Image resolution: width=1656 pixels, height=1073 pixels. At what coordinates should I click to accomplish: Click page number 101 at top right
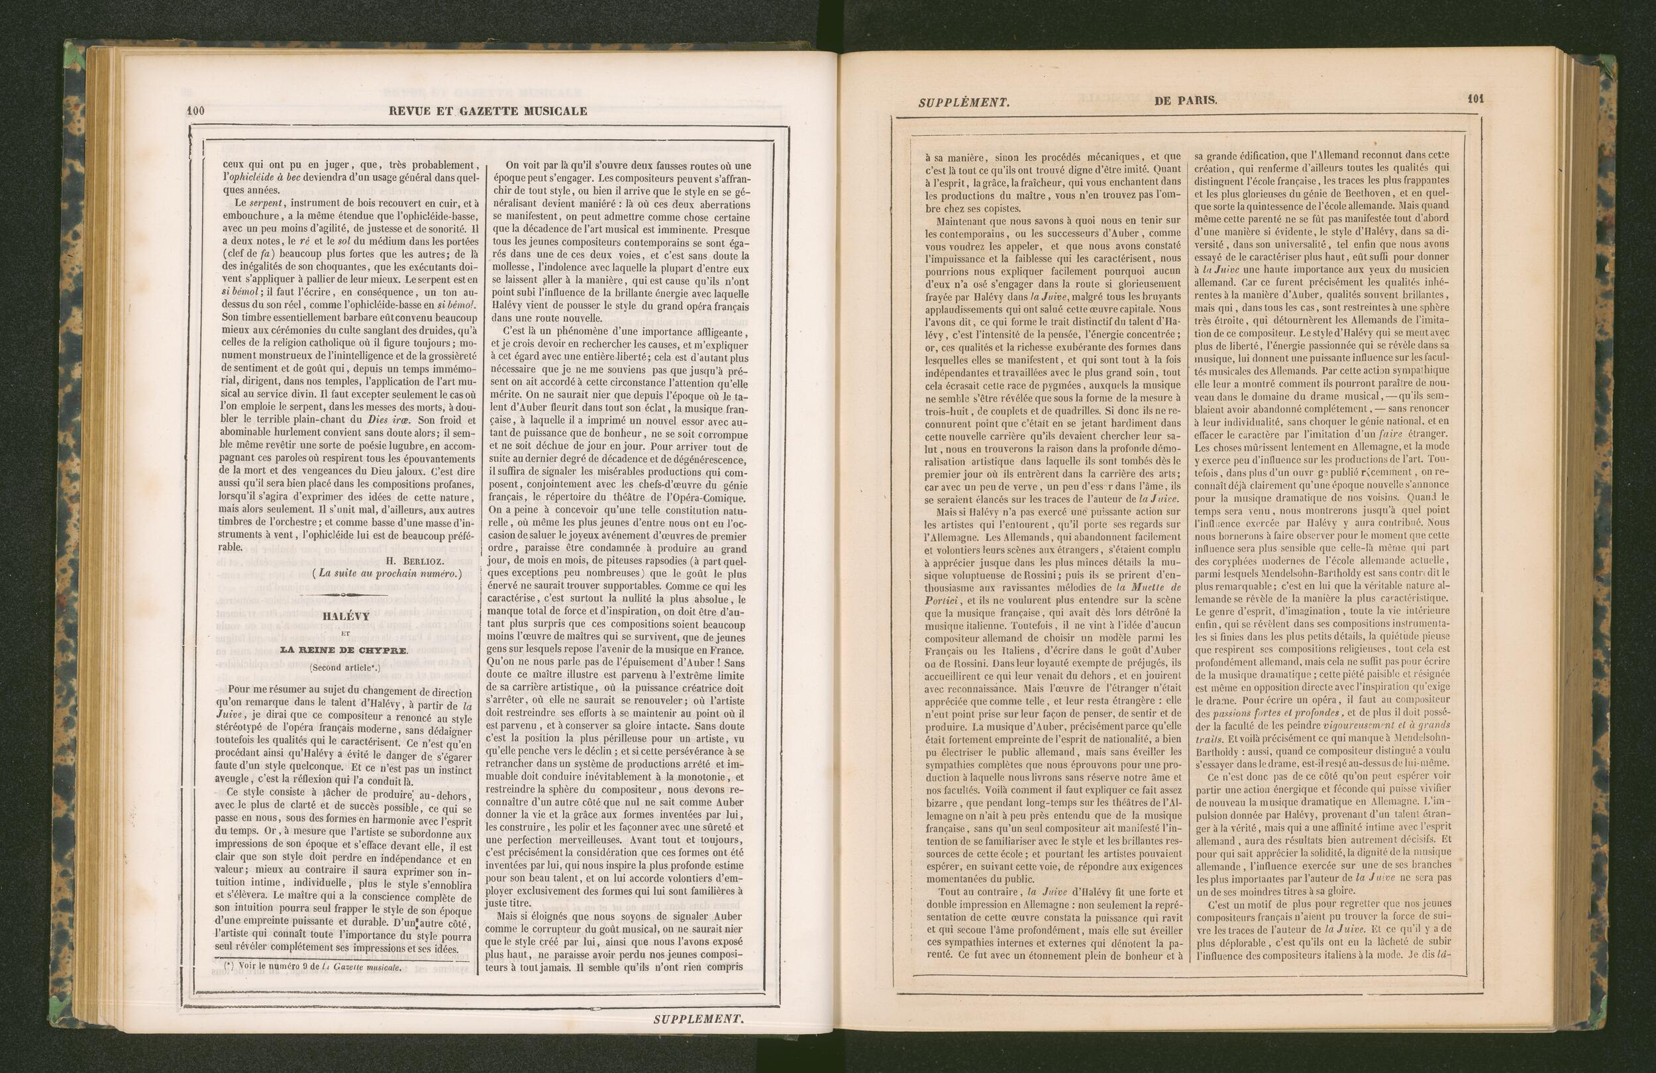point(1476,99)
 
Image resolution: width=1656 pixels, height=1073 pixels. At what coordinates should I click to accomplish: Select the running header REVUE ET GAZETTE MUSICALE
point(487,111)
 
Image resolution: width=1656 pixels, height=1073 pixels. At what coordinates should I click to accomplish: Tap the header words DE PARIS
point(1186,100)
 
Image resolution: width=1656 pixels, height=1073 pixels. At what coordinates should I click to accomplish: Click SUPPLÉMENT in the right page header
point(964,102)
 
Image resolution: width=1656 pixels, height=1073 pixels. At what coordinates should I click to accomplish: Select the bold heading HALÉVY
point(344,616)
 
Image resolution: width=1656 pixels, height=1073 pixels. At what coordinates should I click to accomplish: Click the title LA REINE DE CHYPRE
point(344,650)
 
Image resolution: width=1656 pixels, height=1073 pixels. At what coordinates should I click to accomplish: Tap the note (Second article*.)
point(344,668)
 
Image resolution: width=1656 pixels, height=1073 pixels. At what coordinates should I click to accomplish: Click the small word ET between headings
point(344,633)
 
